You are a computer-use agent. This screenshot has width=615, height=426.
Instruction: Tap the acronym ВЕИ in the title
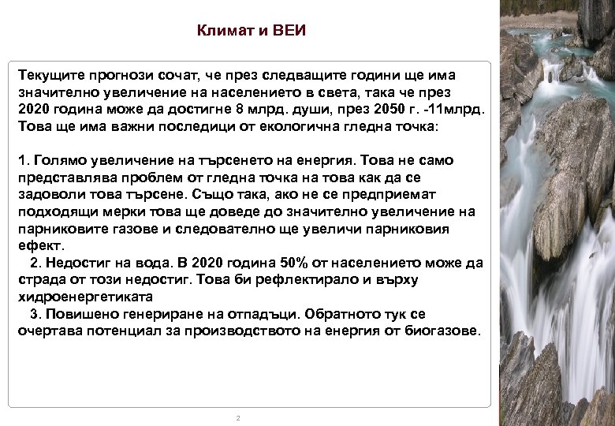[288, 32]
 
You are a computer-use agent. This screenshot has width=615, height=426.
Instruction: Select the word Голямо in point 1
[58, 160]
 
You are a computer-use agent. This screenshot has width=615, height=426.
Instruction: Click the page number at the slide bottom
[237, 417]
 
